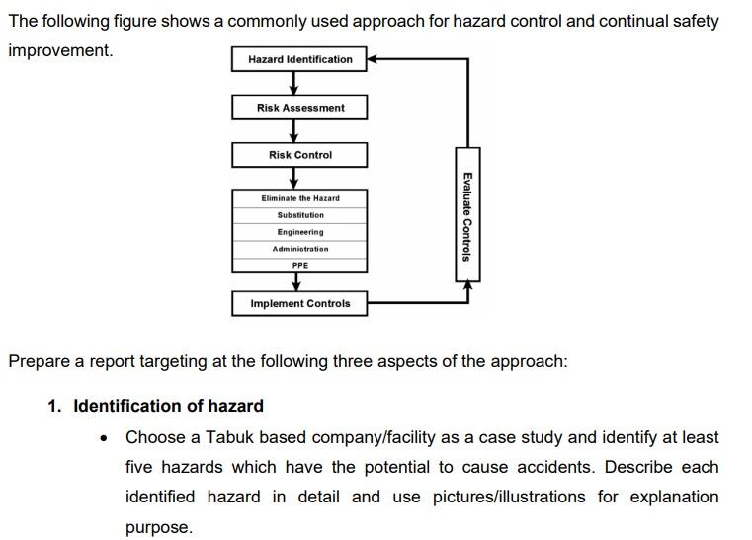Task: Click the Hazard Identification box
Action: coord(299,59)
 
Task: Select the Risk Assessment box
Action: coord(299,108)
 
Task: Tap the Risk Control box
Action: coord(299,155)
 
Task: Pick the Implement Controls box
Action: coord(299,303)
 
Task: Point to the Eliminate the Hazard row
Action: coord(299,198)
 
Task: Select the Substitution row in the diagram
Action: coord(299,215)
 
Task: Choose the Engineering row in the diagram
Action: coord(299,232)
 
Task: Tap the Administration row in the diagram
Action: coord(299,249)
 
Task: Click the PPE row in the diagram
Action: coord(299,265)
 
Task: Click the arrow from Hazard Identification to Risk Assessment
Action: coord(293,83)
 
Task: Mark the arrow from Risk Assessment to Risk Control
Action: coord(293,131)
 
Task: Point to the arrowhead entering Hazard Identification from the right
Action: coord(374,59)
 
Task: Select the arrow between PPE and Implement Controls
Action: coord(293,281)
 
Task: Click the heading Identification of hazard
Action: coord(168,406)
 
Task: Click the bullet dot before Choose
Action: coord(106,437)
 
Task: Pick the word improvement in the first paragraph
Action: coord(59,49)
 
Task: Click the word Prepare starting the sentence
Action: coord(39,360)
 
